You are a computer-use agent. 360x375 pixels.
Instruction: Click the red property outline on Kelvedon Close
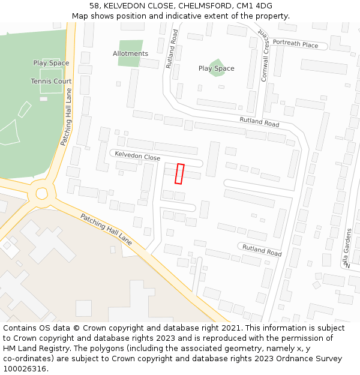179,173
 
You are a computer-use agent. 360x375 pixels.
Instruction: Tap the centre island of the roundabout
41,193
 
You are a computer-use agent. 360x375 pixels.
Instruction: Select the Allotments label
130,53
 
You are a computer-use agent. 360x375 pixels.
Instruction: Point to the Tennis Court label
51,81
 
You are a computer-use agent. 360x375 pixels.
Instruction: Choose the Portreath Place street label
295,44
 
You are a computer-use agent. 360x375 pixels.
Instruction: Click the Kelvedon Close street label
137,156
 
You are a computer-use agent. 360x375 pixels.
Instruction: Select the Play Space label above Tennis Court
51,63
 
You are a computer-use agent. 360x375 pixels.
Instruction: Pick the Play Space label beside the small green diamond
216,68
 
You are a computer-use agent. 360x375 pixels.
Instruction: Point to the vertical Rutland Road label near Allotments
172,49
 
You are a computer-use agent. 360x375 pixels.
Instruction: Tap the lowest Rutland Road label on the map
262,250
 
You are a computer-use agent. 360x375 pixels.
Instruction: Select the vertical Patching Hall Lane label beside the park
67,118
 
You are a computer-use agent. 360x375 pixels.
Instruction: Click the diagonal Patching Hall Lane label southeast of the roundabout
106,230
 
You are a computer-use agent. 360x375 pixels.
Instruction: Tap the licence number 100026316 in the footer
23,368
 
